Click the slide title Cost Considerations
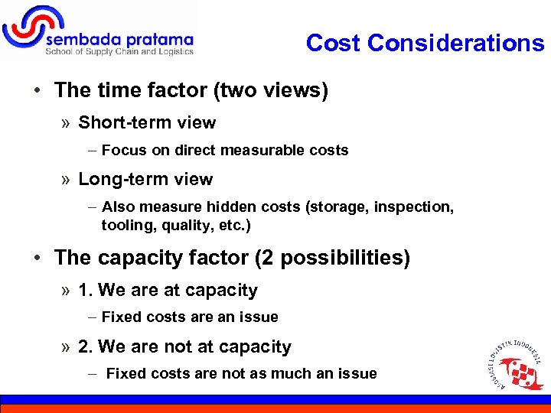pos(425,43)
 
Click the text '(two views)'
pos(271,90)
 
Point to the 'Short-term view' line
pos(147,122)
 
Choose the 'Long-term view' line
pos(145,179)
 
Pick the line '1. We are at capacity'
pos(168,291)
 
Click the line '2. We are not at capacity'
pos(184,347)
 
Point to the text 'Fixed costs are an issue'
pos(190,317)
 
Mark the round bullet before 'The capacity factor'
pos(37,258)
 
